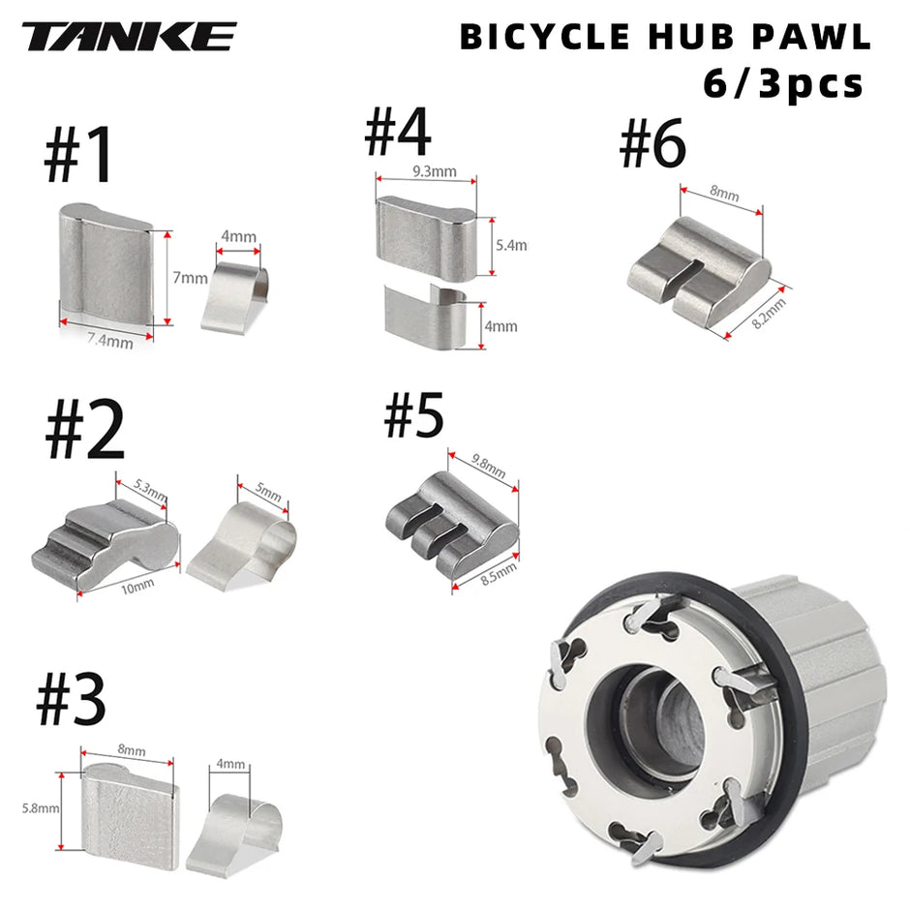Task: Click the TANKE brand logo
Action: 129,37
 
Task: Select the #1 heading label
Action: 79,157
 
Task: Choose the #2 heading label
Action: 85,432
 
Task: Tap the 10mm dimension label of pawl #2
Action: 137,585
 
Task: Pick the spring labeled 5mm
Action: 239,542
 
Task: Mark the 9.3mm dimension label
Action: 427,172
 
